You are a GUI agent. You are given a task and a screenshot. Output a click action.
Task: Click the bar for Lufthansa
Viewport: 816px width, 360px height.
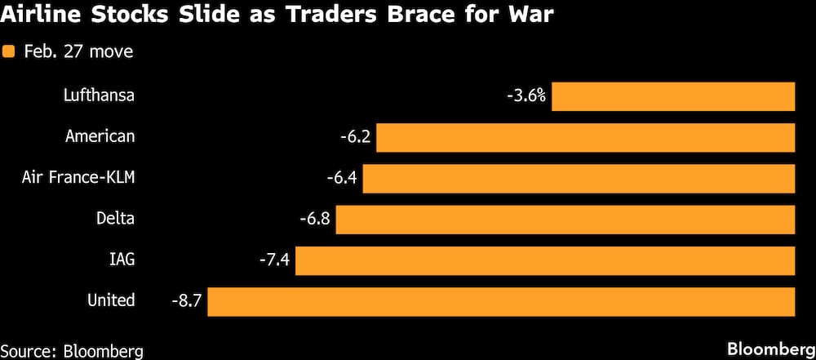673,96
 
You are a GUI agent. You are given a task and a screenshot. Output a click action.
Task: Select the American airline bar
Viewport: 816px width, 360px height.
585,137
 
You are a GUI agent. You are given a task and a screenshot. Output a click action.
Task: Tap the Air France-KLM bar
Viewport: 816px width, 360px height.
579,178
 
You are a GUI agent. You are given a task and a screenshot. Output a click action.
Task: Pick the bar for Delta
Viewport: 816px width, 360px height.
565,219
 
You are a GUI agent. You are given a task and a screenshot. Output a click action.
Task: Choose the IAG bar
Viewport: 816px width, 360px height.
545,260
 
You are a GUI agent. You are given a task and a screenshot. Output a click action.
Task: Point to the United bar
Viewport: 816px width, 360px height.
501,301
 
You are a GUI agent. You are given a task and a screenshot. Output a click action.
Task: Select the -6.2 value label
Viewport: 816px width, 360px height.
356,137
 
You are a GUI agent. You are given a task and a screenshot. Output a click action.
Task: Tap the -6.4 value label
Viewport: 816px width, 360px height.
342,178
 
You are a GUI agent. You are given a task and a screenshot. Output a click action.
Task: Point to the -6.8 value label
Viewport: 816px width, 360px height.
315,219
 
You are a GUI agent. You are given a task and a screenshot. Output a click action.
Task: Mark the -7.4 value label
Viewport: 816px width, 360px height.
274,260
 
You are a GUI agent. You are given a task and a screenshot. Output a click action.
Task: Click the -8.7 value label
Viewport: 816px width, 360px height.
187,301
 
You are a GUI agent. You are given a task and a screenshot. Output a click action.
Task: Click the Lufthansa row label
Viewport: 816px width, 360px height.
99,96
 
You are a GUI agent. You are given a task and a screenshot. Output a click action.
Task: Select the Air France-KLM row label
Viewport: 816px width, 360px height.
78,177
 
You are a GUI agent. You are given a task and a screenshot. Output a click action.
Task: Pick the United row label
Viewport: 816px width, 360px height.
111,300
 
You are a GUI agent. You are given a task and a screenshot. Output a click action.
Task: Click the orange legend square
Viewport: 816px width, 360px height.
9,51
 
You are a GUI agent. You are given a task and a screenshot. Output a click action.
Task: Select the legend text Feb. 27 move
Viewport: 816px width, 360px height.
78,51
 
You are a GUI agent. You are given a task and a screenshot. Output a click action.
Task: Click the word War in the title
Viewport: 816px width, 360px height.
531,16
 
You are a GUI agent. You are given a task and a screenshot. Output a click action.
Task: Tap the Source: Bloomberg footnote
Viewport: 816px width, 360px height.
73,351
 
